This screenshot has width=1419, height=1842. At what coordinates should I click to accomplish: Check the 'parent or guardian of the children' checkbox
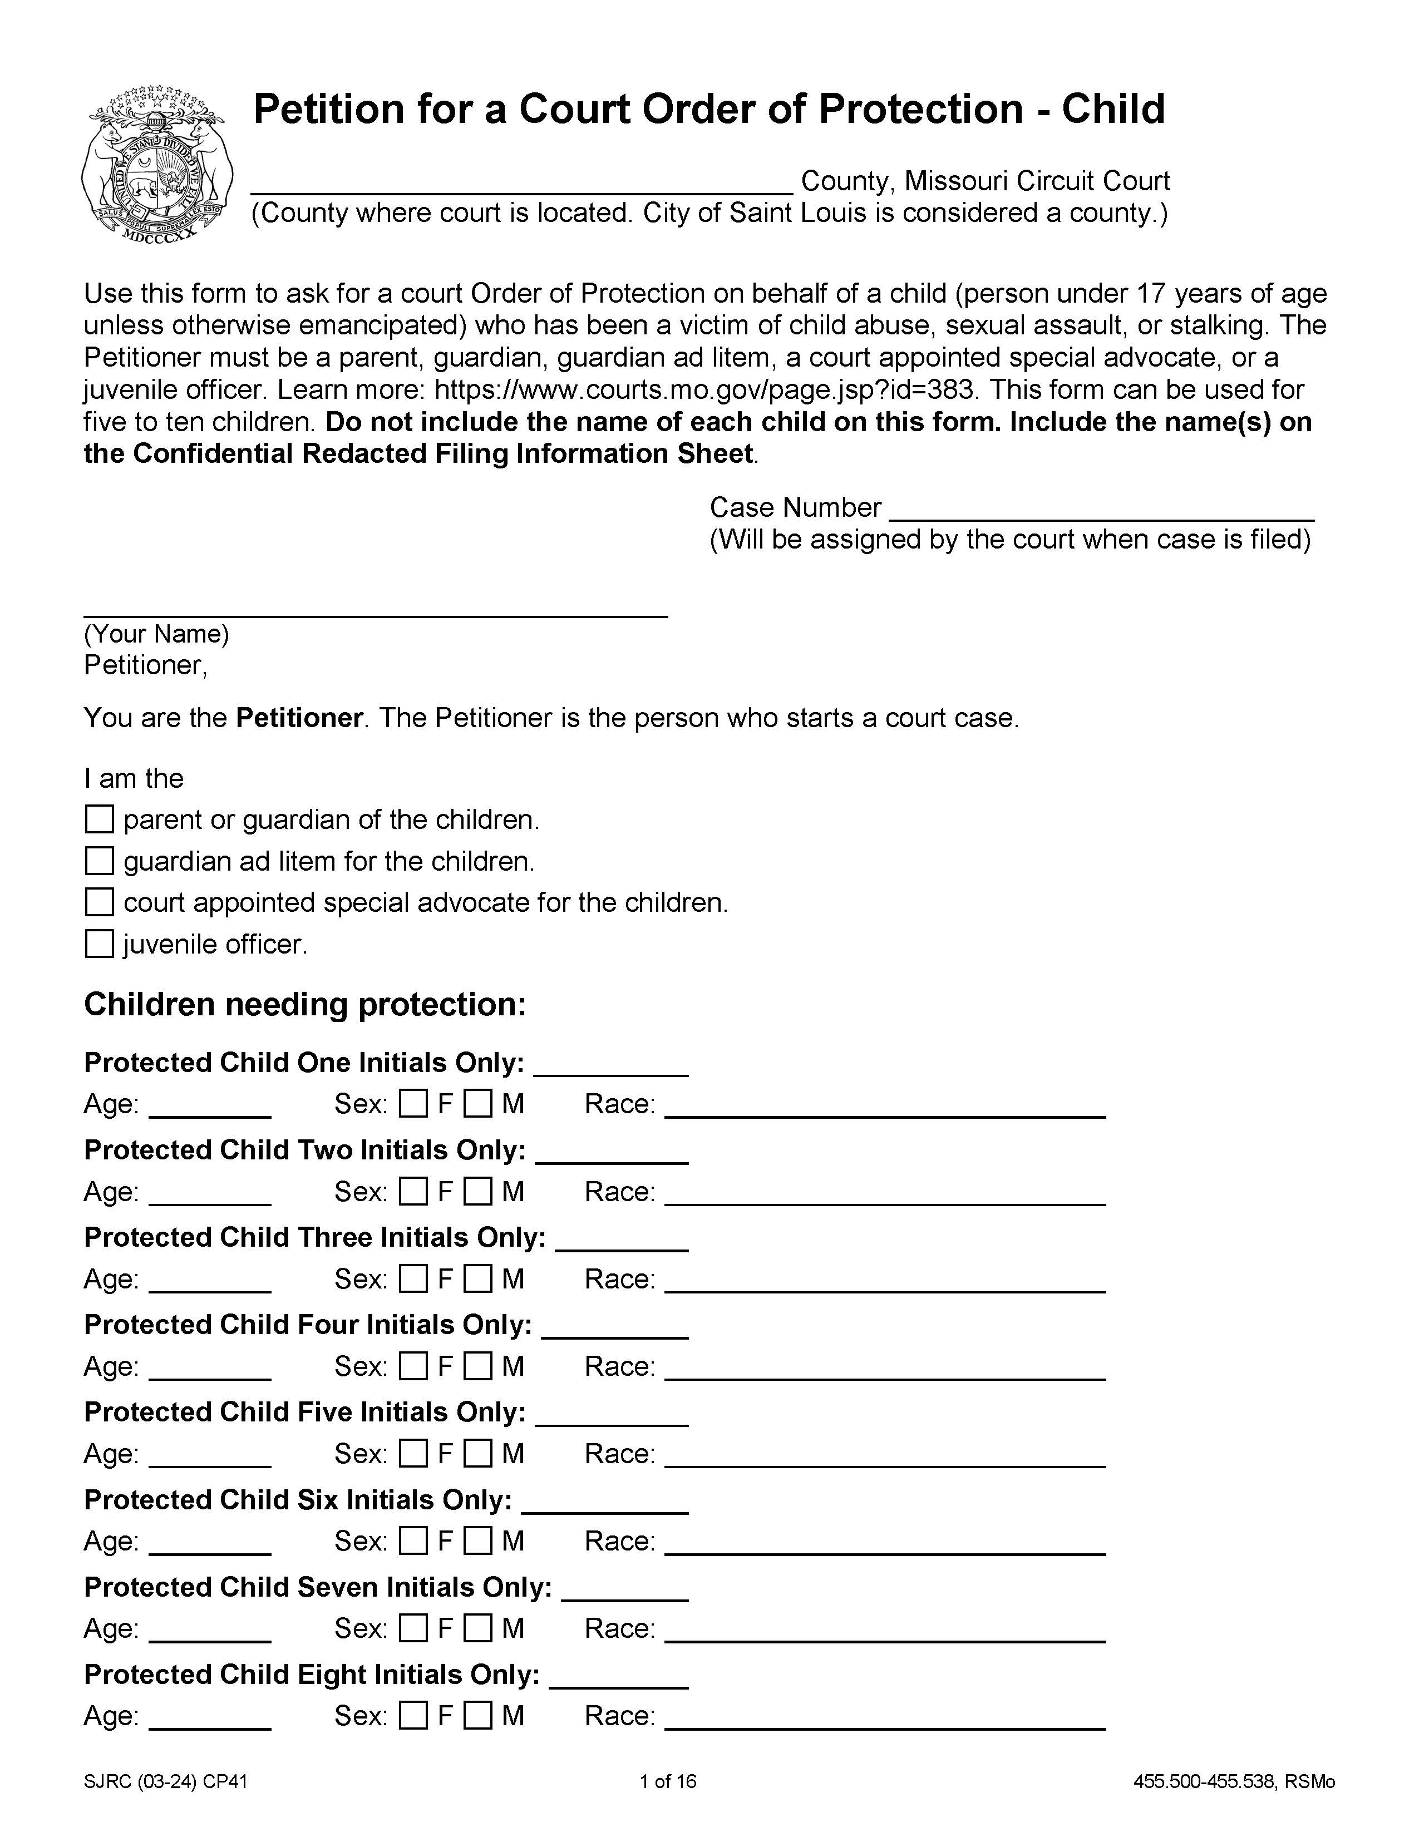[x=100, y=819]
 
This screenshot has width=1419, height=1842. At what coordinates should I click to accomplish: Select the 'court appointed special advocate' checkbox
[x=100, y=902]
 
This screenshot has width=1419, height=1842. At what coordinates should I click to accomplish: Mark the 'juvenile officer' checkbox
[x=100, y=943]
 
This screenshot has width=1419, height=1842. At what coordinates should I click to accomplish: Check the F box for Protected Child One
[x=413, y=1103]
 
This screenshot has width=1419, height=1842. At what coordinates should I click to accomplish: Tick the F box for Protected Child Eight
[x=413, y=1716]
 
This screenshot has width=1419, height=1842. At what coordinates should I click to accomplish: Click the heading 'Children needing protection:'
[x=304, y=1005]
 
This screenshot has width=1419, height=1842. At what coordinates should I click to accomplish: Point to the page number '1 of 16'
[x=668, y=1781]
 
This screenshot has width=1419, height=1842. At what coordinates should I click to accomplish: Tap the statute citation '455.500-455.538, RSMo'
[x=1233, y=1781]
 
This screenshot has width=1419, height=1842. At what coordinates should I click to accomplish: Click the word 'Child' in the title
[x=1113, y=110]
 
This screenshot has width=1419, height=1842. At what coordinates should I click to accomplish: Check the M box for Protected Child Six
[x=479, y=1541]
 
